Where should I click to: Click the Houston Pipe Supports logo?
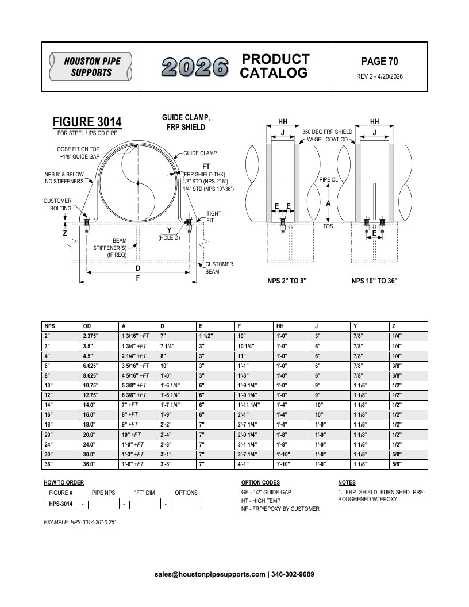point(91,67)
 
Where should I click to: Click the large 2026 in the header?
point(195,67)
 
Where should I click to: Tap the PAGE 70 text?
point(379,61)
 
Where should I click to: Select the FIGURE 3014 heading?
point(87,122)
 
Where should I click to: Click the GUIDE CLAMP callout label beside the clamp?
point(200,153)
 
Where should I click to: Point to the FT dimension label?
point(206,167)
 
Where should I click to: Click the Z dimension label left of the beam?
point(65,233)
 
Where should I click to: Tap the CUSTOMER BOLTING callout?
point(57,205)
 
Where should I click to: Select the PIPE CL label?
point(329,179)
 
